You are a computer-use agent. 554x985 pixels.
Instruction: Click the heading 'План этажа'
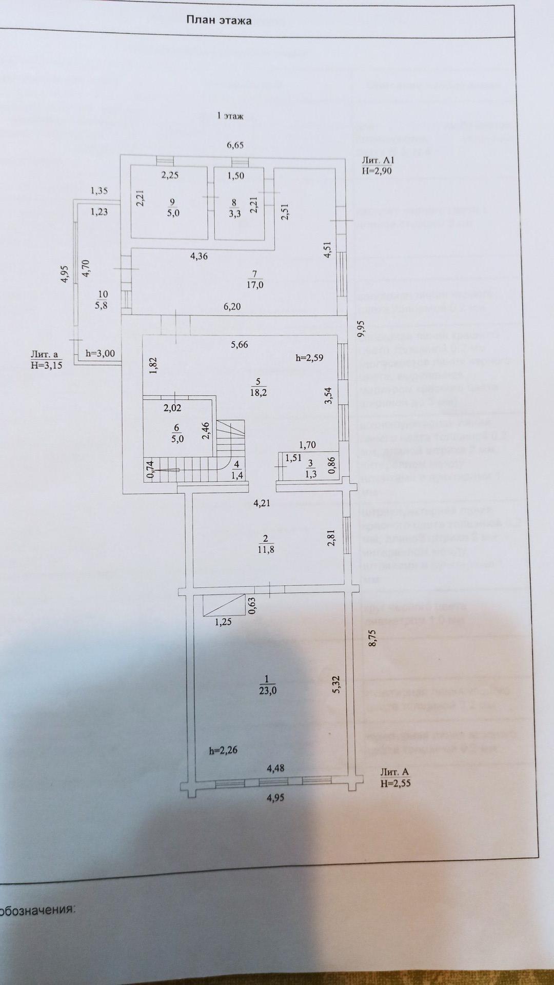click(x=219, y=21)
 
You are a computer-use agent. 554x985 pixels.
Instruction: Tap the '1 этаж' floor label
click(x=230, y=116)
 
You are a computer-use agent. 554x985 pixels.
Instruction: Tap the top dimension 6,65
click(x=235, y=145)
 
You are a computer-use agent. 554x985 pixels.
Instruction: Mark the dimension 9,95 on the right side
click(x=361, y=328)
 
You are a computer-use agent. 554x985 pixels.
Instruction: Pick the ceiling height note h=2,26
click(x=223, y=750)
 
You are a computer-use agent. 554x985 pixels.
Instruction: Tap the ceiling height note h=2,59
click(x=309, y=358)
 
